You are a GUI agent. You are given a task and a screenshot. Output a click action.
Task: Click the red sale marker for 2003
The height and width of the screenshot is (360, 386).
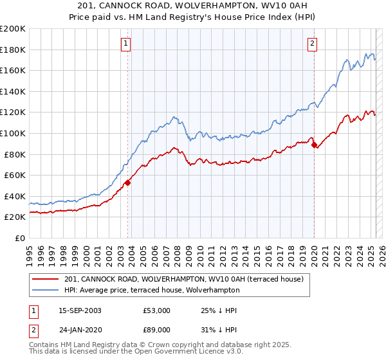coord(127,183)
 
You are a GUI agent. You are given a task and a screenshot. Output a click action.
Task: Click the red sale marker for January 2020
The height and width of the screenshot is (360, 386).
coord(314,145)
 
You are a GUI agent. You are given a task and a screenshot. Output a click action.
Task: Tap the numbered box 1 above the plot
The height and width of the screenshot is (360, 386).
coord(125,44)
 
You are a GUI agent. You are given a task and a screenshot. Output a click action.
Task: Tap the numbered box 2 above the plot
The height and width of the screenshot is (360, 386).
coord(311,44)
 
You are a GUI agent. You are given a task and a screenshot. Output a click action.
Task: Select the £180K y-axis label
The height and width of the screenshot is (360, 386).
coord(13,50)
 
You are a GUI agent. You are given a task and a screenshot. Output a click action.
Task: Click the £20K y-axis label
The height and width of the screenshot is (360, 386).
coord(15,217)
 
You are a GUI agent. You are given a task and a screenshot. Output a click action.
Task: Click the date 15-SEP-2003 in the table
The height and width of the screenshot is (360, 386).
coord(80,310)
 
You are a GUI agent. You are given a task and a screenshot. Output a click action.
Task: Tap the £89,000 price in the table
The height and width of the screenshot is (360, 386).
coord(157,330)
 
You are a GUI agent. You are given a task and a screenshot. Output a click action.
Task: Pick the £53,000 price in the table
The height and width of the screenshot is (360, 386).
coord(157,310)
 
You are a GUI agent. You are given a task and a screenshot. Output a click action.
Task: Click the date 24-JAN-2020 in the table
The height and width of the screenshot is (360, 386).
coord(80,330)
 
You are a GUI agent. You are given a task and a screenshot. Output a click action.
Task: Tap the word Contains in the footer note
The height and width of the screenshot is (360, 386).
coord(44,346)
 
